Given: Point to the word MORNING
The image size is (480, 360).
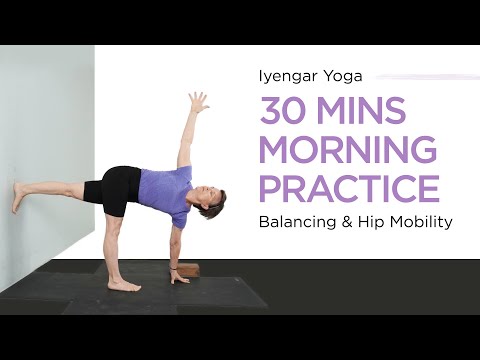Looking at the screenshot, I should tap(348, 150).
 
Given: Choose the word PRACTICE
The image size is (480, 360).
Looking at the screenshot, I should tap(348, 188).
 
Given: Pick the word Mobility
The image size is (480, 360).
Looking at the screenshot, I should tap(424, 221).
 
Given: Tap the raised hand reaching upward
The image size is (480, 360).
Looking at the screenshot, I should tap(198, 102).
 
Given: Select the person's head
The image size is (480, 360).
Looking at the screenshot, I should tap(213, 205).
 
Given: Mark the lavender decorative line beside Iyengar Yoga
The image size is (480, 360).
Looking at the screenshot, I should tap(420, 75).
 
